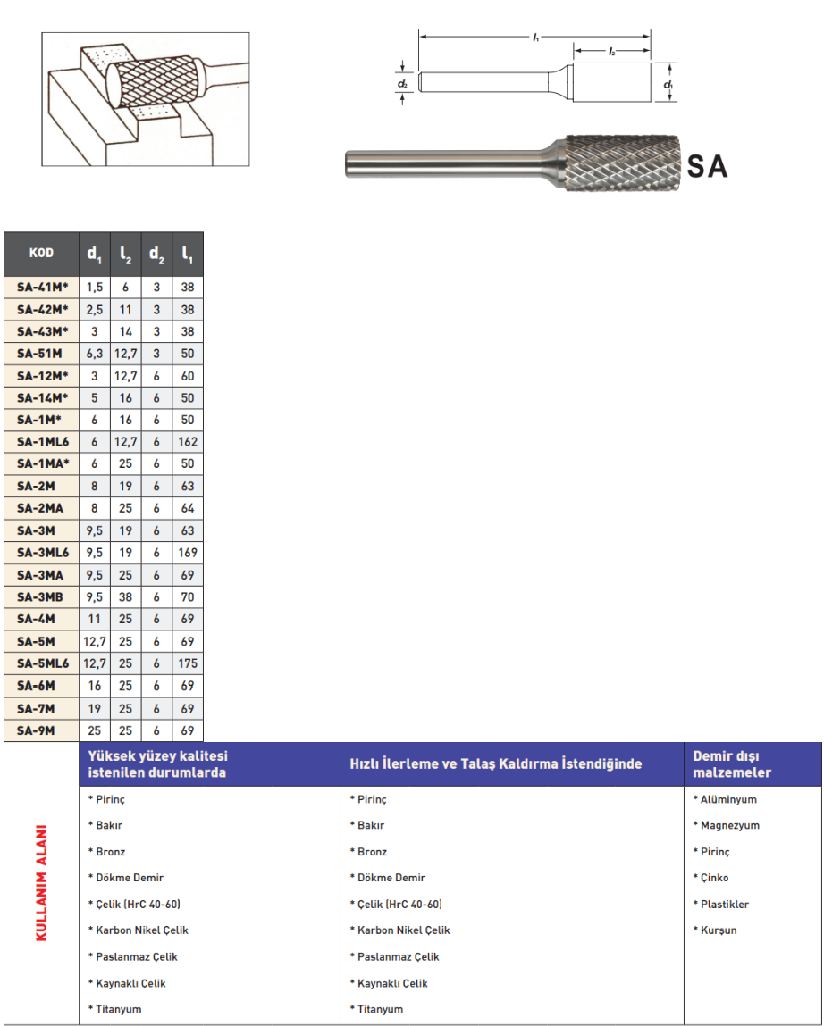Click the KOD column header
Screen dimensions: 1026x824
tap(42, 254)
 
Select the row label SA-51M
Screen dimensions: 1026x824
tap(42, 354)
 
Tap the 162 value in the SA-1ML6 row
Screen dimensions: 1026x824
tap(188, 442)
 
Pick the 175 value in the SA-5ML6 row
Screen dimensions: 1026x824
tap(188, 663)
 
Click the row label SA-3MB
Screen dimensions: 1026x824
tap(42, 597)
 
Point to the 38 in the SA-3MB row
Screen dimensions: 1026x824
tap(125, 597)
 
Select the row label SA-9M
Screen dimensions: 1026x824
tap(42, 730)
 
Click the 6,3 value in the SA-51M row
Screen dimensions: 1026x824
tap(94, 354)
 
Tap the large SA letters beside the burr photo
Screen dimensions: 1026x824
tap(707, 166)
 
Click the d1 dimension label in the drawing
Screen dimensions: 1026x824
tap(668, 84)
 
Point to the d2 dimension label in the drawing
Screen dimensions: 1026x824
tap(403, 84)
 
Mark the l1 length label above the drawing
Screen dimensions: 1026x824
tap(535, 38)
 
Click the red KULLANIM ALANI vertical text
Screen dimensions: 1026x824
tap(40, 882)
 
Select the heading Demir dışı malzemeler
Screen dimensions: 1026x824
tap(732, 764)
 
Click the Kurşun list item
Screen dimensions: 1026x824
tap(719, 930)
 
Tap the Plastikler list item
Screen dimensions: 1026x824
tap(724, 905)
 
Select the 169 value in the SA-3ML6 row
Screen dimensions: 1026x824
tap(188, 553)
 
